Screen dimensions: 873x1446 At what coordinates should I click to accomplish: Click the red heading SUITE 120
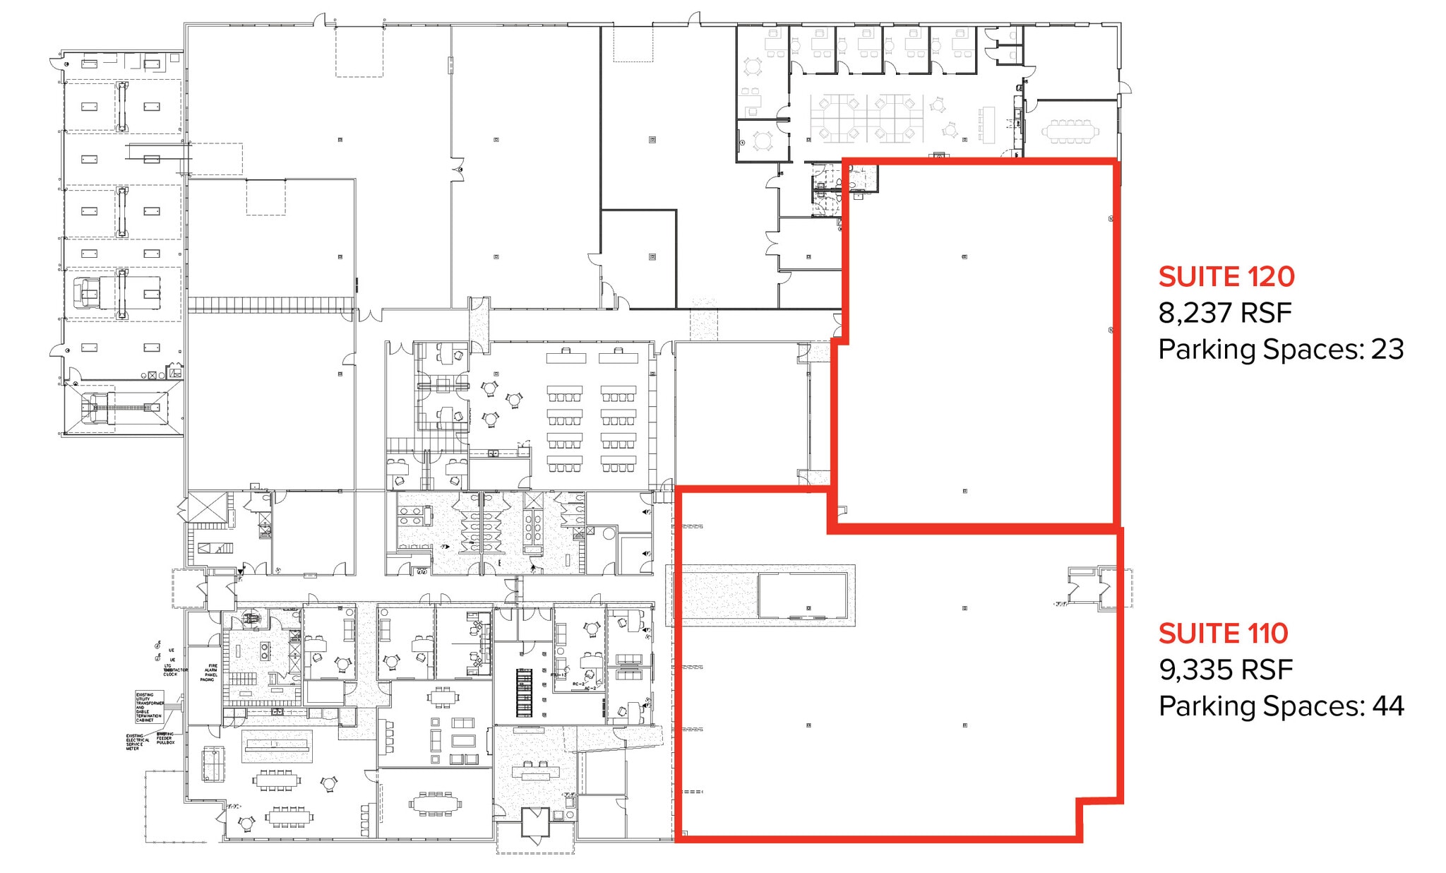point(1226,277)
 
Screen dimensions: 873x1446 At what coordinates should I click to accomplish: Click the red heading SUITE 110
point(1223,634)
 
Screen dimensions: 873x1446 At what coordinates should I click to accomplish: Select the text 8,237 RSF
point(1224,313)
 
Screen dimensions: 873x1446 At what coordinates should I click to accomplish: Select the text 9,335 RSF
point(1225,670)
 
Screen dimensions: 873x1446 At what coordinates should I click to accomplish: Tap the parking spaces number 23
point(1387,350)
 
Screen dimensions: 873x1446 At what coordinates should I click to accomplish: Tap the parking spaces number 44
point(1387,706)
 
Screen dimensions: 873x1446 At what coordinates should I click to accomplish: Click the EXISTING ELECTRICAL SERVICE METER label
point(134,742)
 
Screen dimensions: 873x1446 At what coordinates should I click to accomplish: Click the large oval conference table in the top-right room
point(1070,131)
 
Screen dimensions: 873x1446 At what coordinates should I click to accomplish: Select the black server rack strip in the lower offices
point(524,692)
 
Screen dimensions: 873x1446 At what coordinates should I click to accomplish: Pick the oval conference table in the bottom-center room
point(435,804)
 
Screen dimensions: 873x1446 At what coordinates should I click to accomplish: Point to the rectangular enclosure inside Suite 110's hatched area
point(802,595)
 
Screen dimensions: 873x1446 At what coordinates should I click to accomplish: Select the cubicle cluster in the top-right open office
point(868,118)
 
